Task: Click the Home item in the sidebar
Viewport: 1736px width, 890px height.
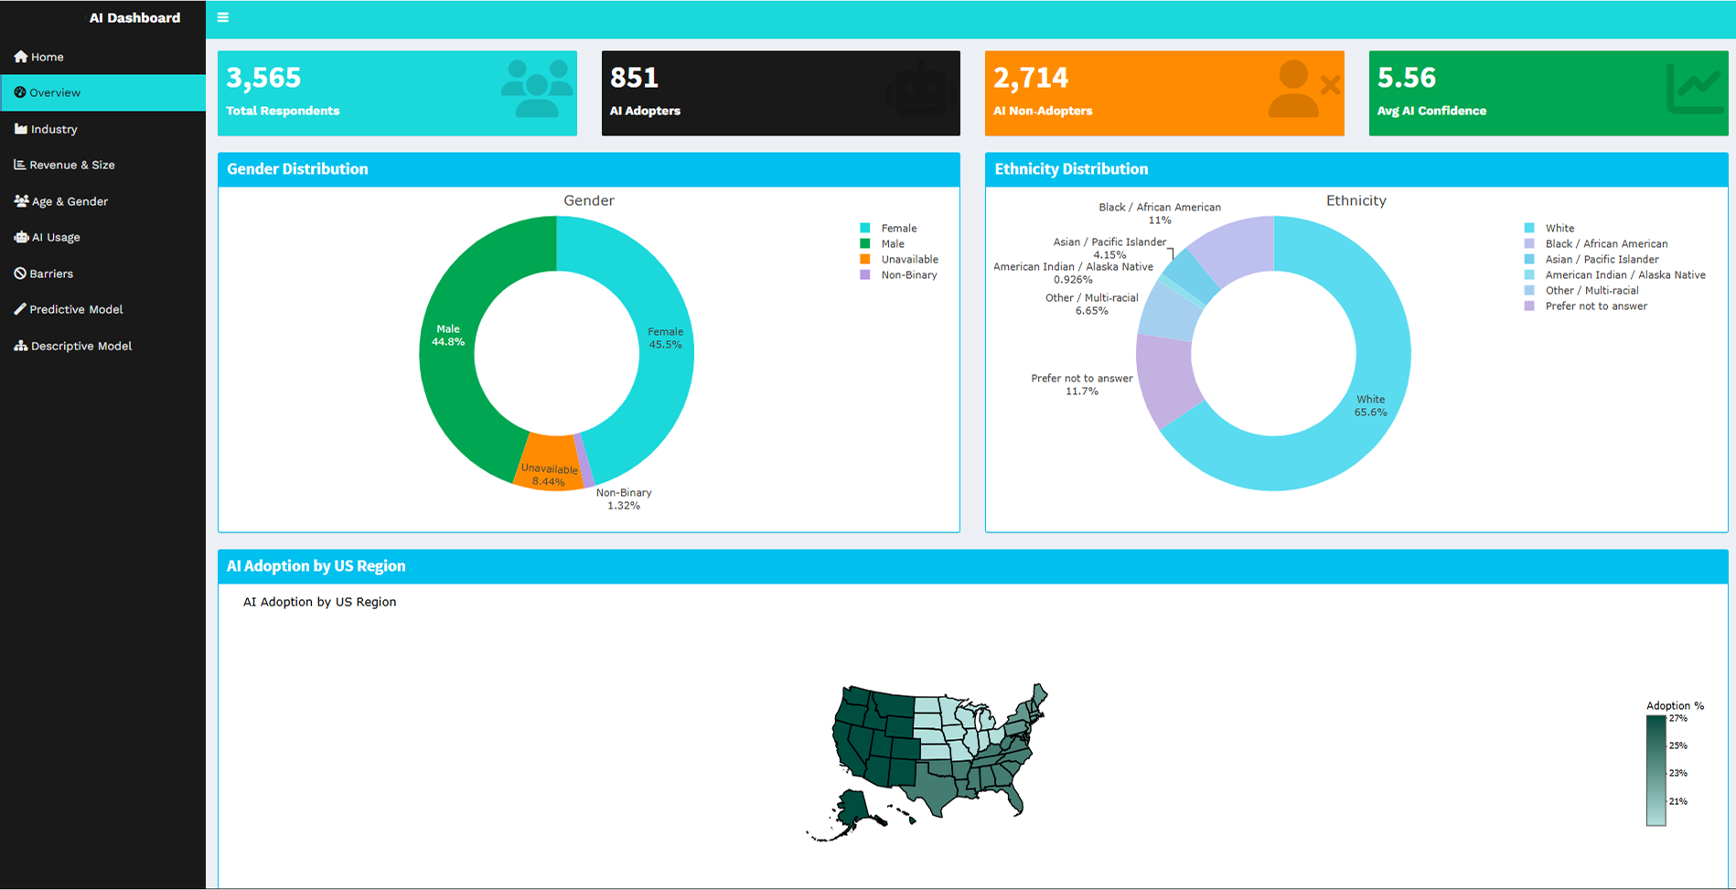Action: [x=47, y=57]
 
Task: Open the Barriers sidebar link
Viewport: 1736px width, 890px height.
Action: [x=50, y=273]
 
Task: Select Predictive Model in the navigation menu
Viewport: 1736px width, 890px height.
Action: [x=75, y=309]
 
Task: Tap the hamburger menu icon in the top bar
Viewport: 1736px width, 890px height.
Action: [x=222, y=17]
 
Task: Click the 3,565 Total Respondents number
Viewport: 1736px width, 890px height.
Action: [x=263, y=78]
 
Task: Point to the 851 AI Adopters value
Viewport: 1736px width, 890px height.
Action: [x=634, y=78]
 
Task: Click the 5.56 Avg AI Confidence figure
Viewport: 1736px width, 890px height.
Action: [x=1406, y=78]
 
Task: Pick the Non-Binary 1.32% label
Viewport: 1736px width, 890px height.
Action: [x=624, y=499]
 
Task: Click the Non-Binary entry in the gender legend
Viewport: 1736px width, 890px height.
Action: [x=908, y=275]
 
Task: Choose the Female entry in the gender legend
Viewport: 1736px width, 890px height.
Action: [x=898, y=229]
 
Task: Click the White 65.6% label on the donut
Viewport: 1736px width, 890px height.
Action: [x=1370, y=405]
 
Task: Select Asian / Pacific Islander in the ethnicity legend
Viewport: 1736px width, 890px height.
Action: [x=1601, y=260]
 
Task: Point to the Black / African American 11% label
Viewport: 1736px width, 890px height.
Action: [x=1160, y=213]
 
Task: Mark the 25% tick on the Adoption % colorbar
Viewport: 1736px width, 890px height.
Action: [x=1677, y=745]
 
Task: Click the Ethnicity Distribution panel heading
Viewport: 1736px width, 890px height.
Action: [x=1071, y=169]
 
